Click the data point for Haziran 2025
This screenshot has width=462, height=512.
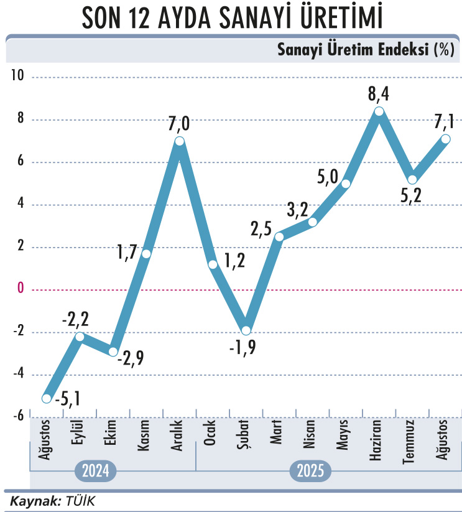pyautogui.click(x=379, y=111)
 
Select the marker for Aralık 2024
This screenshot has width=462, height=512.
pyautogui.click(x=180, y=141)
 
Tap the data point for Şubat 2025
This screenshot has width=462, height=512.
pyautogui.click(x=246, y=330)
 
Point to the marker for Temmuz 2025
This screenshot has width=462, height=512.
pyautogui.click(x=412, y=180)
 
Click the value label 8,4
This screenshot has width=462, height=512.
pyautogui.click(x=379, y=95)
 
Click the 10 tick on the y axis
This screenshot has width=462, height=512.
pyautogui.click(x=17, y=77)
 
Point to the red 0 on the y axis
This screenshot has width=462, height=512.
pyautogui.click(x=20, y=289)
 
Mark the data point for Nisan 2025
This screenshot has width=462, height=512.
pyautogui.click(x=313, y=222)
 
